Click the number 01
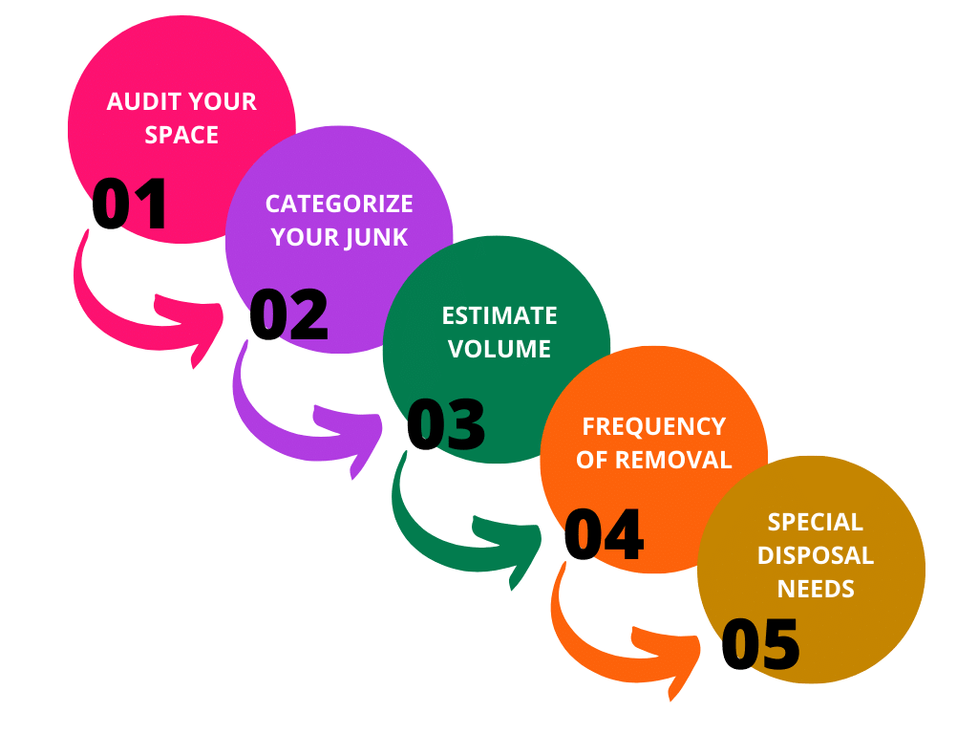pyautogui.click(x=130, y=205)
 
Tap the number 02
pyautogui.click(x=288, y=315)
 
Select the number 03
pyautogui.click(x=446, y=424)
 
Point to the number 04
pyautogui.click(x=604, y=534)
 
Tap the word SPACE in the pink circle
pyautogui.click(x=181, y=135)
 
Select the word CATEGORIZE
pyautogui.click(x=339, y=204)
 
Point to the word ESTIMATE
pyautogui.click(x=500, y=315)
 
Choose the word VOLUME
pyautogui.click(x=500, y=349)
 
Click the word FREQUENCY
pyautogui.click(x=654, y=425)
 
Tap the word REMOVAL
pyautogui.click(x=672, y=459)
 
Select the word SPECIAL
pyautogui.click(x=816, y=522)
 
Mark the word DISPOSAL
pyautogui.click(x=816, y=555)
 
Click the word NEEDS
pyautogui.click(x=816, y=589)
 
